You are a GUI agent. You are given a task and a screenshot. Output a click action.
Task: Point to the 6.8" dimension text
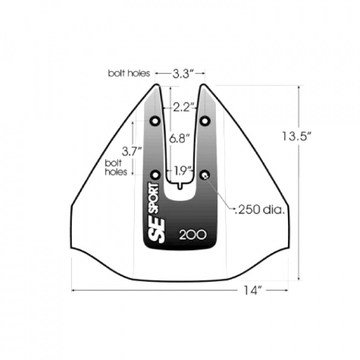click(180, 139)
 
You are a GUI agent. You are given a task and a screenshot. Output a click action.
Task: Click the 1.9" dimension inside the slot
click(183, 170)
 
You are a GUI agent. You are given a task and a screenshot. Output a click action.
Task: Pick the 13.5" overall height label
click(296, 135)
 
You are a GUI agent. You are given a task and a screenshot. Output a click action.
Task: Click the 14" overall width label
click(253, 290)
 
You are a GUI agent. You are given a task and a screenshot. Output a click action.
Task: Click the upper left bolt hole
click(155, 121)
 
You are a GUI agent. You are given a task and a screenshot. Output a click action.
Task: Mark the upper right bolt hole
click(204, 121)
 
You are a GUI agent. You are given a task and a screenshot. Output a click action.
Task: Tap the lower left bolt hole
click(155, 174)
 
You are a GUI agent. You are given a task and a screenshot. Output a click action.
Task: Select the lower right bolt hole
click(205, 174)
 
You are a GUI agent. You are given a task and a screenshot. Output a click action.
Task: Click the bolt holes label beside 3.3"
click(129, 73)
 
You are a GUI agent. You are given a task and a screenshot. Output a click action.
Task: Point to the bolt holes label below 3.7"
click(113, 167)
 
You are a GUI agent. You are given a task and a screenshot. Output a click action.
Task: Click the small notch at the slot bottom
click(180, 186)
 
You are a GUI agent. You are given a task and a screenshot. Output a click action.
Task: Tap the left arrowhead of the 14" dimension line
click(73, 289)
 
